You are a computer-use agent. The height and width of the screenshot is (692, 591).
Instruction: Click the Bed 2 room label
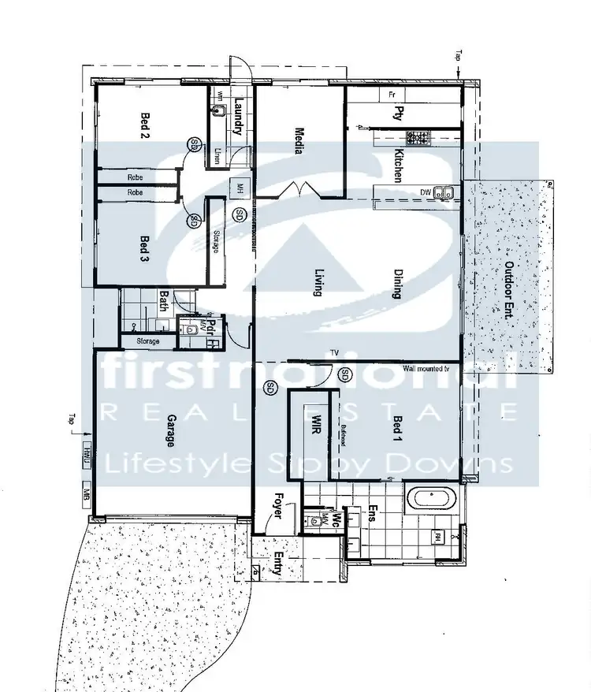pyautogui.click(x=145, y=125)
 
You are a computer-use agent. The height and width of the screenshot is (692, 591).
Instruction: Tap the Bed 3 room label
pyautogui.click(x=145, y=247)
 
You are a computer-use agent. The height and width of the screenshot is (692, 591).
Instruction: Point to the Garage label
pyautogui.click(x=171, y=431)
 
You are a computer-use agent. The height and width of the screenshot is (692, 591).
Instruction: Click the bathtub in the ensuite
pyautogui.click(x=432, y=499)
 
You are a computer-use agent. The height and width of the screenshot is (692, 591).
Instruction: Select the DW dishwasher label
pyautogui.click(x=425, y=192)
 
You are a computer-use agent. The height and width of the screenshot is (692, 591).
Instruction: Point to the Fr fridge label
pyautogui.click(x=391, y=95)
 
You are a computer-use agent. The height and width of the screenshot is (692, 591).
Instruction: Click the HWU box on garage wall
pyautogui.click(x=87, y=455)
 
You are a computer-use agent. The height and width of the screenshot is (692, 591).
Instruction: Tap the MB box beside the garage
pyautogui.click(x=87, y=495)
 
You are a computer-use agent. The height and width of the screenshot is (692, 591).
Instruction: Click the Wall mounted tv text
pyautogui.click(x=426, y=368)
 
